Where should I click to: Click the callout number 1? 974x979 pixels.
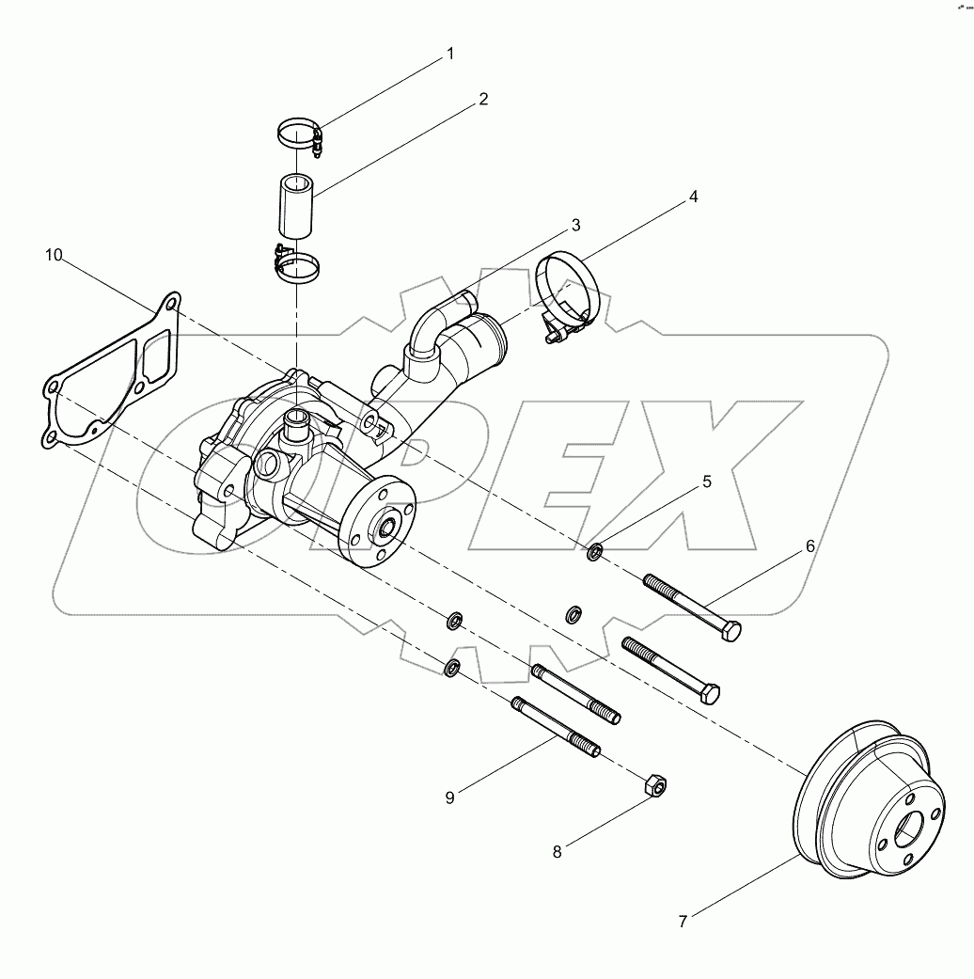[449, 54]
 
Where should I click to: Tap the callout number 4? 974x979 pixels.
[693, 197]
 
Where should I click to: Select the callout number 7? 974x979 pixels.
[683, 922]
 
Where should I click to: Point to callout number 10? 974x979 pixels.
[55, 255]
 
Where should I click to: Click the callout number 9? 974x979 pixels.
[449, 797]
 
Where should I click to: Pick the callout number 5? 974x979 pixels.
[707, 481]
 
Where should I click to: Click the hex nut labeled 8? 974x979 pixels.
[655, 783]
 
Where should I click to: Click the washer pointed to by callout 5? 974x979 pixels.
[594, 552]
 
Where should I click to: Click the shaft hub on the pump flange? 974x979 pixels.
[386, 530]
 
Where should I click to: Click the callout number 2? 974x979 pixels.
[483, 99]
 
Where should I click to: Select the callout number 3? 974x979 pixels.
[574, 226]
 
